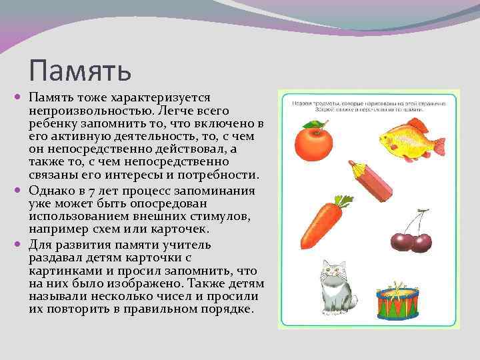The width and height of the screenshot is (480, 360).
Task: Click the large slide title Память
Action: coord(81,69)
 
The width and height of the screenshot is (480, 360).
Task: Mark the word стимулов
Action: coord(226,216)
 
